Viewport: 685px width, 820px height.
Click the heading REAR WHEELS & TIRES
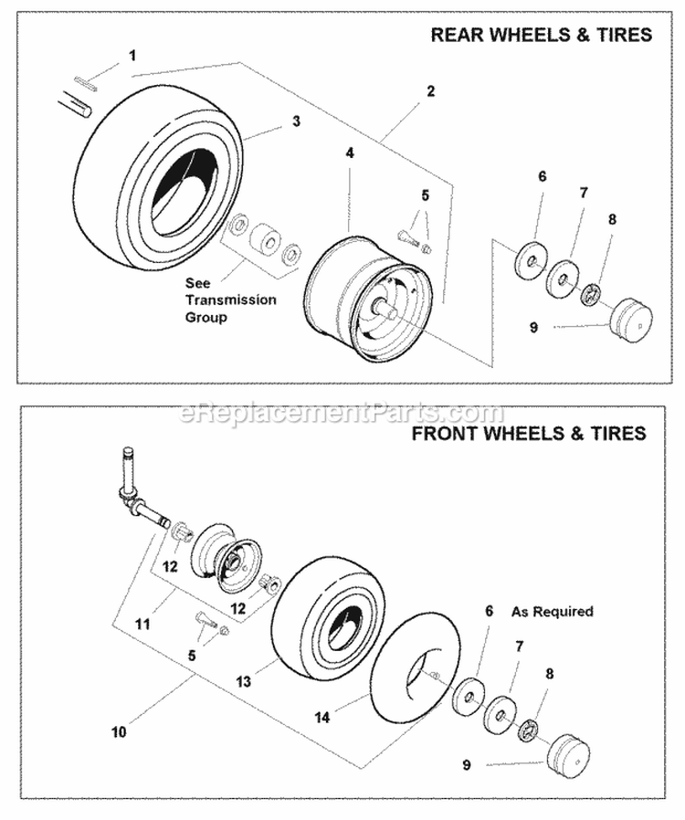coord(541,36)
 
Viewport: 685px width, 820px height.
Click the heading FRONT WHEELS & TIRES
coord(529,433)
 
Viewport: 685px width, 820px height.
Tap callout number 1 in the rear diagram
coord(132,56)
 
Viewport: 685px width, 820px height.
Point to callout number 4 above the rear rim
coord(349,154)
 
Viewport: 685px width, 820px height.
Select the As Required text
coord(552,611)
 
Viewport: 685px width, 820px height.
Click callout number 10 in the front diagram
coord(121,731)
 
